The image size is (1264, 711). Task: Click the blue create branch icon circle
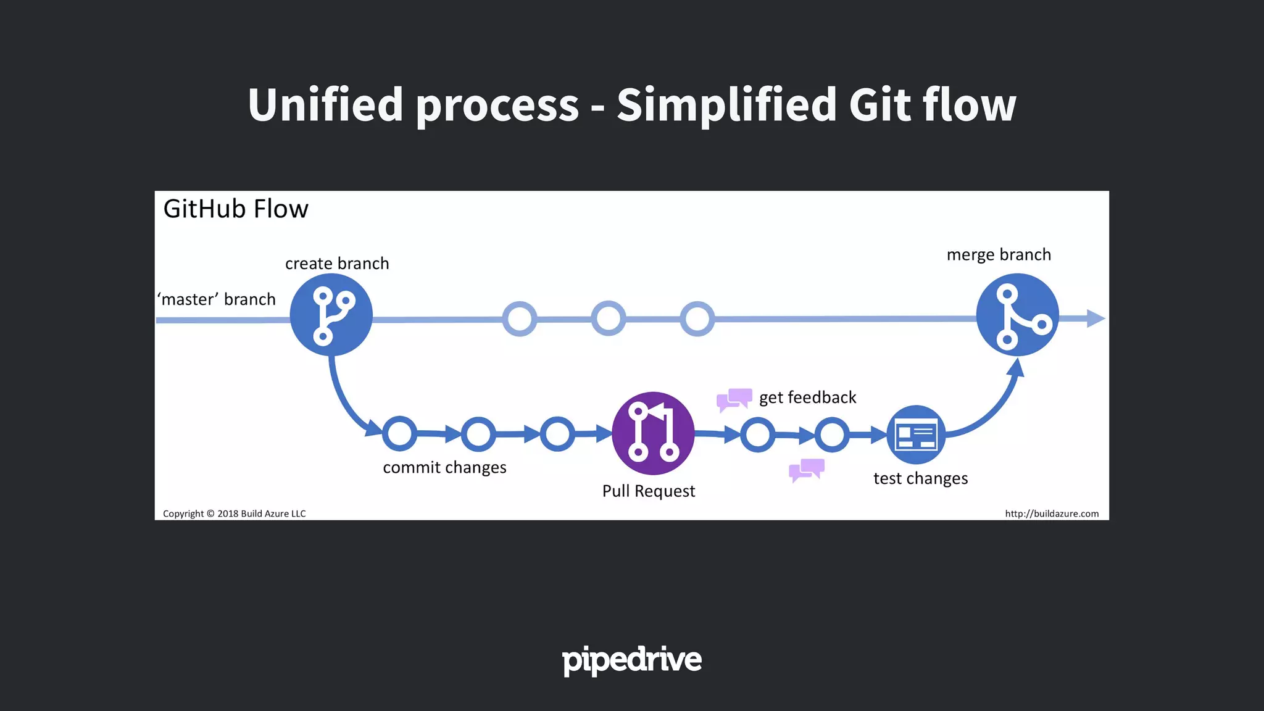pos(331,315)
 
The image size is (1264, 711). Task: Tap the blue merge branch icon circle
pos(1017,315)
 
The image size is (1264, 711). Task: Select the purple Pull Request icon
pos(653,433)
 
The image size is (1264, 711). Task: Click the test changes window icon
pos(916,434)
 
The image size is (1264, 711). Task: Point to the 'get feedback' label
pos(807,397)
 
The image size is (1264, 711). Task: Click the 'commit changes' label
pos(444,468)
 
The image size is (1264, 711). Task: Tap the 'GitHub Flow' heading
pos(235,209)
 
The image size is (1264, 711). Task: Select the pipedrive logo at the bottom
pos(631,660)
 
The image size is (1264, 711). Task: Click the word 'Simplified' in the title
pos(726,105)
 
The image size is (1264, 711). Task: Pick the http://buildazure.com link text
pos(1052,513)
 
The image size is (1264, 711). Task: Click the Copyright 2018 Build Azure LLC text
pos(234,513)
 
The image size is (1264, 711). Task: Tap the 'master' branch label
pos(217,299)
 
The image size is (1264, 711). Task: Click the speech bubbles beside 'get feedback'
pos(734,399)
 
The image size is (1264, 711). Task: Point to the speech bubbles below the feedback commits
pos(807,470)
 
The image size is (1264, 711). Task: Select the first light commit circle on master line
pos(519,319)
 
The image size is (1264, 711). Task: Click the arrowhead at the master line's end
pos(1095,318)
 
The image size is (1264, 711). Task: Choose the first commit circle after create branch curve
pos(399,434)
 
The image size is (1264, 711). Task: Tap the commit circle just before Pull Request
pos(557,434)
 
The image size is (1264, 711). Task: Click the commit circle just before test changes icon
pos(831,434)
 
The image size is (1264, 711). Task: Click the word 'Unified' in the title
pos(325,105)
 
